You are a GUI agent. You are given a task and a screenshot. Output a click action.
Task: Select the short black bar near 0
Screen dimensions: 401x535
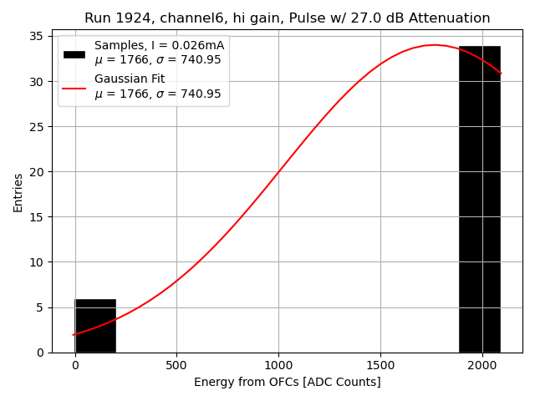95,326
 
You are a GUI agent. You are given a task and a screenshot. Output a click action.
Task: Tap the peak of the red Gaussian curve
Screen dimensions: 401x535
435,45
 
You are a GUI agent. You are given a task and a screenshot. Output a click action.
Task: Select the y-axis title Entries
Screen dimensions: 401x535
18,192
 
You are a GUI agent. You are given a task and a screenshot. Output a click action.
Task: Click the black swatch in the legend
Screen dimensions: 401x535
74,53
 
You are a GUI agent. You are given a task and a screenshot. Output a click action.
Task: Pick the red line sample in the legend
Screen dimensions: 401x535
74,86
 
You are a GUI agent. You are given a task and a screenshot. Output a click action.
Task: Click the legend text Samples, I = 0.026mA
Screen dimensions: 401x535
159,45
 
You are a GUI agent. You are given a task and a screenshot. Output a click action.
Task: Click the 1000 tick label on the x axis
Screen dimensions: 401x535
278,366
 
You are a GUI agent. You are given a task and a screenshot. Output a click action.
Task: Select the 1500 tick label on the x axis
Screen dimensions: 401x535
380,366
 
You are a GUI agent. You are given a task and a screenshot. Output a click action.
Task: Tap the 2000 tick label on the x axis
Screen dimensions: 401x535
482,366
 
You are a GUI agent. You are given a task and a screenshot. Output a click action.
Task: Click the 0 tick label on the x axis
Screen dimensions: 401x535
75,366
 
